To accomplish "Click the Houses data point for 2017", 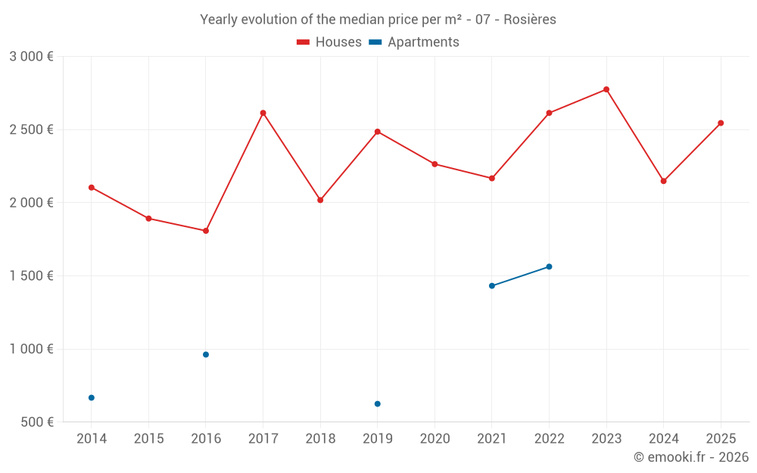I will click(x=263, y=113).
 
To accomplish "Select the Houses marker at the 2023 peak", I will click(x=606, y=89).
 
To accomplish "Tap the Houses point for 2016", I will click(x=206, y=231).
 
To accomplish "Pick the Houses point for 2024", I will click(x=663, y=181).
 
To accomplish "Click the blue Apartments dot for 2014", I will click(x=92, y=397).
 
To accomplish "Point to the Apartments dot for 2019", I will click(x=377, y=403).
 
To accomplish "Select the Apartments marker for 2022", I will click(x=549, y=266).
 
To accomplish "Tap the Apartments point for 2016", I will click(x=206, y=354).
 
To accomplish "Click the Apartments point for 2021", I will click(x=492, y=285).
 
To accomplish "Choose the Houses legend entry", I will click(x=329, y=42).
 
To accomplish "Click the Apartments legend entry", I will click(x=414, y=42).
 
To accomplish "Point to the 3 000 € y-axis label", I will click(x=31, y=57).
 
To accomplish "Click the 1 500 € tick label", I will click(x=31, y=276).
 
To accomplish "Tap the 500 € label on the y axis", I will click(x=36, y=422).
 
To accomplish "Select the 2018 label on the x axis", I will click(x=320, y=439).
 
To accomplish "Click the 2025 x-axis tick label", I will click(x=721, y=439).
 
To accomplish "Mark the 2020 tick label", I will click(x=435, y=439).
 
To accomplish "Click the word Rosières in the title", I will click(x=531, y=20).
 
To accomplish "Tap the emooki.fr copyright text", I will click(x=691, y=457).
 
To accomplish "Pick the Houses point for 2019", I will click(x=377, y=132).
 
